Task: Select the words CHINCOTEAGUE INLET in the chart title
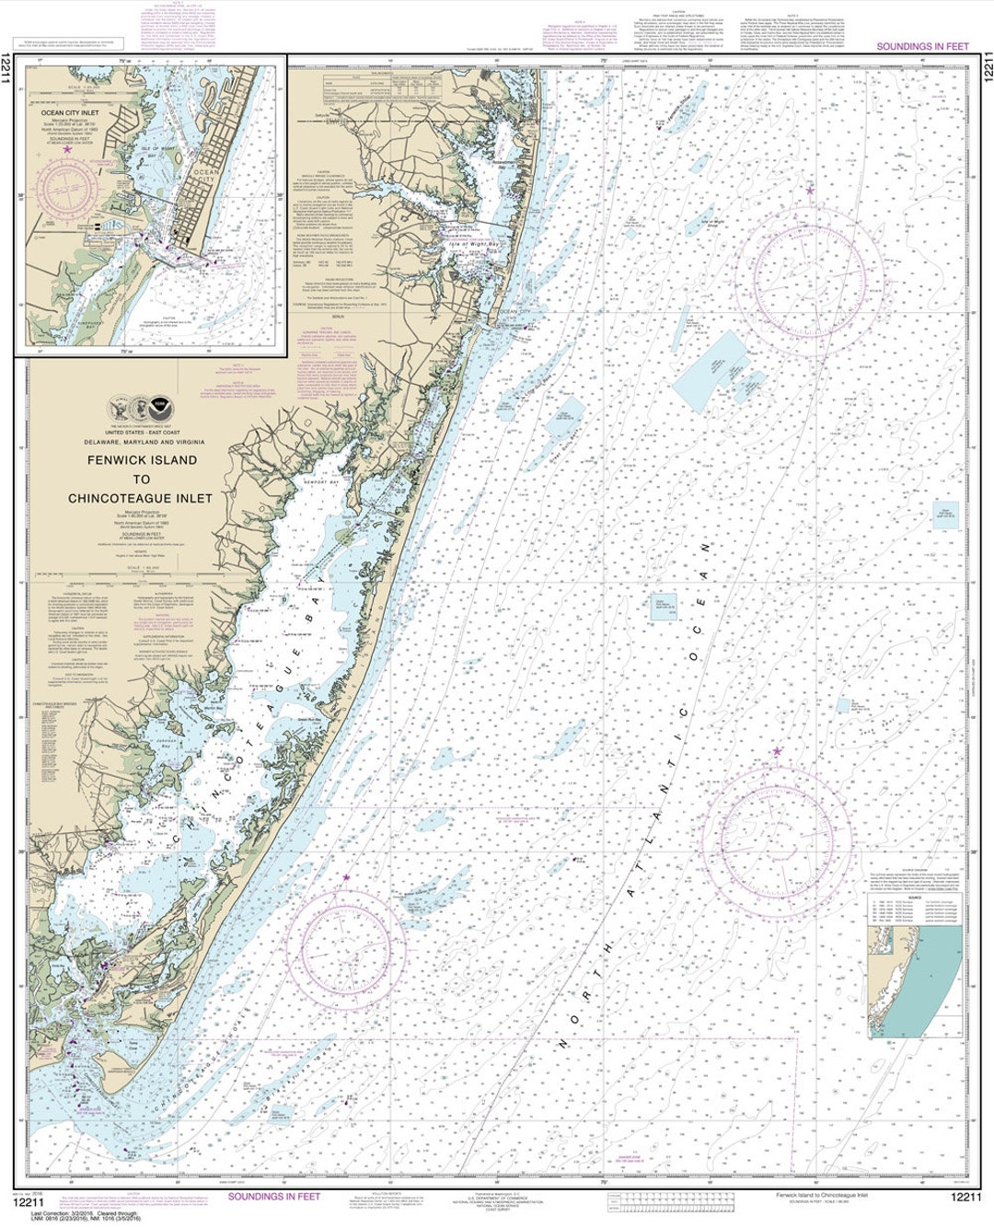(x=140, y=498)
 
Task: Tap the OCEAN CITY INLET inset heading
(x=69, y=112)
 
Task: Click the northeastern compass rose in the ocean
(x=809, y=274)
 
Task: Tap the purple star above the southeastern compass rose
(x=777, y=751)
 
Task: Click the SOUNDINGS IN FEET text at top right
(x=922, y=46)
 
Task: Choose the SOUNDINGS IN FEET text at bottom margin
(x=273, y=1196)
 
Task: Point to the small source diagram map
(x=915, y=979)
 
